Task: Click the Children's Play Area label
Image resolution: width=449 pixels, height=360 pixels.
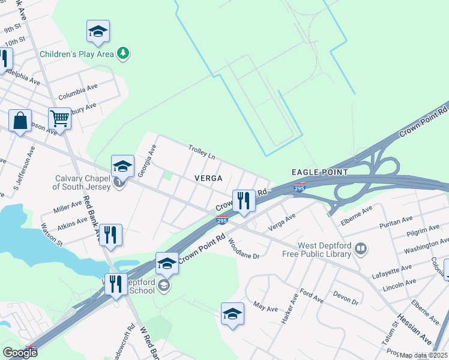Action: pos(77,54)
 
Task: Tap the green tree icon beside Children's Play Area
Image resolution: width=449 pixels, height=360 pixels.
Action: pos(123,54)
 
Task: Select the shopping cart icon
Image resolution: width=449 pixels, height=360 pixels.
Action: pos(60,119)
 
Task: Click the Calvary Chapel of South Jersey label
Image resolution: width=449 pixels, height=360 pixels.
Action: pos(82,182)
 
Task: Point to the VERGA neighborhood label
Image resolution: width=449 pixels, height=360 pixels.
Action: pos(208,178)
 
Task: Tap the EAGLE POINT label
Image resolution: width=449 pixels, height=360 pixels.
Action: pos(319,172)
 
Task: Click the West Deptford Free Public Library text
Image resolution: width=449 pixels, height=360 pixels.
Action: pos(316,250)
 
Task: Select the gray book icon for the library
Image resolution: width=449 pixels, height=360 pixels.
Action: pos(361,247)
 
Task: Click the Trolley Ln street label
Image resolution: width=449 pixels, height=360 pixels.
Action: pos(202,152)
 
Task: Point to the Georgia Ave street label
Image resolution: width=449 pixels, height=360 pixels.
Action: pos(146,161)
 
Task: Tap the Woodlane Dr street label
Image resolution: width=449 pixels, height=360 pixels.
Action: pos(243,248)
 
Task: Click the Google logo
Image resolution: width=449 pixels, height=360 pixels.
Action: pos(19,352)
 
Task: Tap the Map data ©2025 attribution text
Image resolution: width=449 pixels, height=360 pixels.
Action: pos(424,355)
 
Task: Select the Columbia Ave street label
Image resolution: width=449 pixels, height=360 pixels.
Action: pos(78,92)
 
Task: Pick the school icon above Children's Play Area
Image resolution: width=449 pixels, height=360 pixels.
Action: pos(97,32)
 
